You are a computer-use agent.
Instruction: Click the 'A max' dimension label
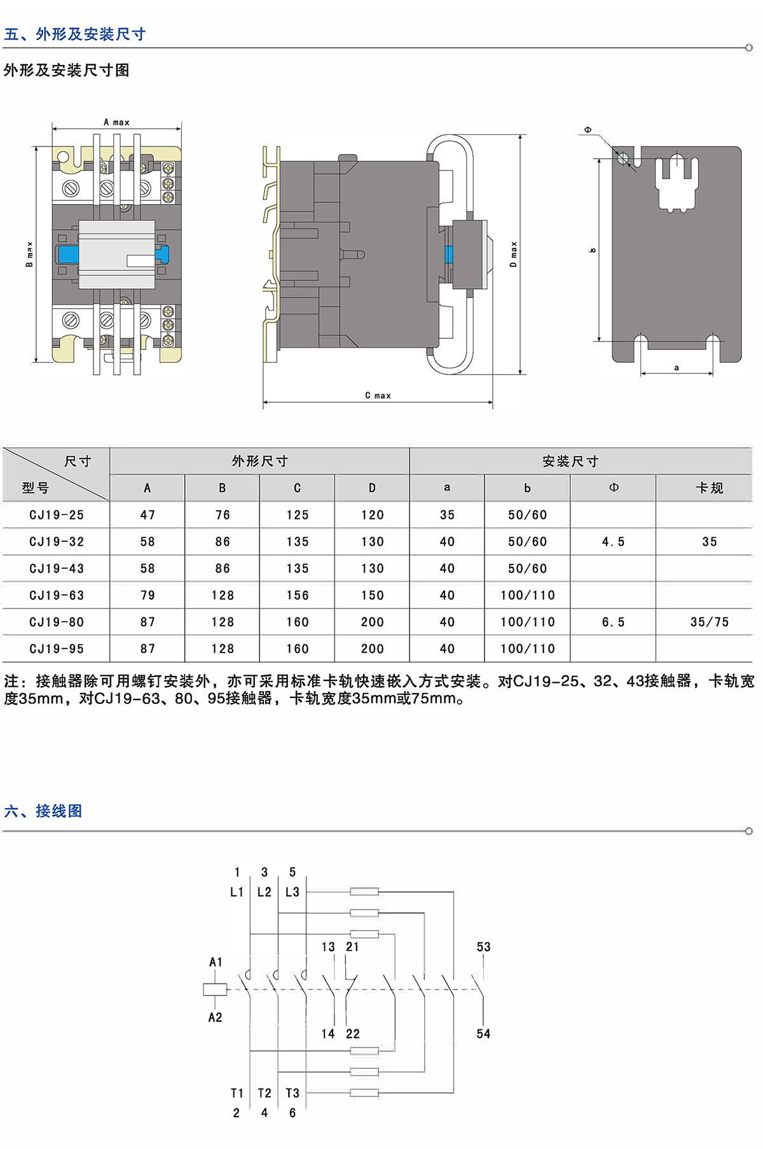[x=116, y=122]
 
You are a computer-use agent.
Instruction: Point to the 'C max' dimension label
[x=378, y=396]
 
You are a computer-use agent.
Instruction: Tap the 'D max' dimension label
[x=514, y=254]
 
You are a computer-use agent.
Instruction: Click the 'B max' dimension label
[x=29, y=254]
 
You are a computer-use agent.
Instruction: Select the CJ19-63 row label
[x=57, y=595]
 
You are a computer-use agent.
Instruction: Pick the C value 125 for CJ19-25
[x=297, y=515]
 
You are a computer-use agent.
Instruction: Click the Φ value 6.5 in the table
[x=613, y=622]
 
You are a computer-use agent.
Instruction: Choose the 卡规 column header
[x=709, y=488]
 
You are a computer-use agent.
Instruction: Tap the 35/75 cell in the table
[x=709, y=622]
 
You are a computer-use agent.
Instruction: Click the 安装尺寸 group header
[x=570, y=461]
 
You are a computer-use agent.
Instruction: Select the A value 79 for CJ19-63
[x=148, y=595]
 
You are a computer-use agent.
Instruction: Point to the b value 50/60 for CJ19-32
[x=527, y=542]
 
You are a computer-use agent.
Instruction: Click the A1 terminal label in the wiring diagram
[x=216, y=962]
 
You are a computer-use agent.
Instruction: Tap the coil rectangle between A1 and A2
[x=215, y=989]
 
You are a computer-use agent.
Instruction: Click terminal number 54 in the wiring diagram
[x=483, y=1034]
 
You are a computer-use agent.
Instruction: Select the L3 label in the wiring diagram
[x=292, y=892]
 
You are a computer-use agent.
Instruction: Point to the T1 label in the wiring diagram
[x=237, y=1093]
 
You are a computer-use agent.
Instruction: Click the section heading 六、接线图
[x=43, y=811]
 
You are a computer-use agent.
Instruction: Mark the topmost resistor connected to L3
[x=364, y=891]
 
